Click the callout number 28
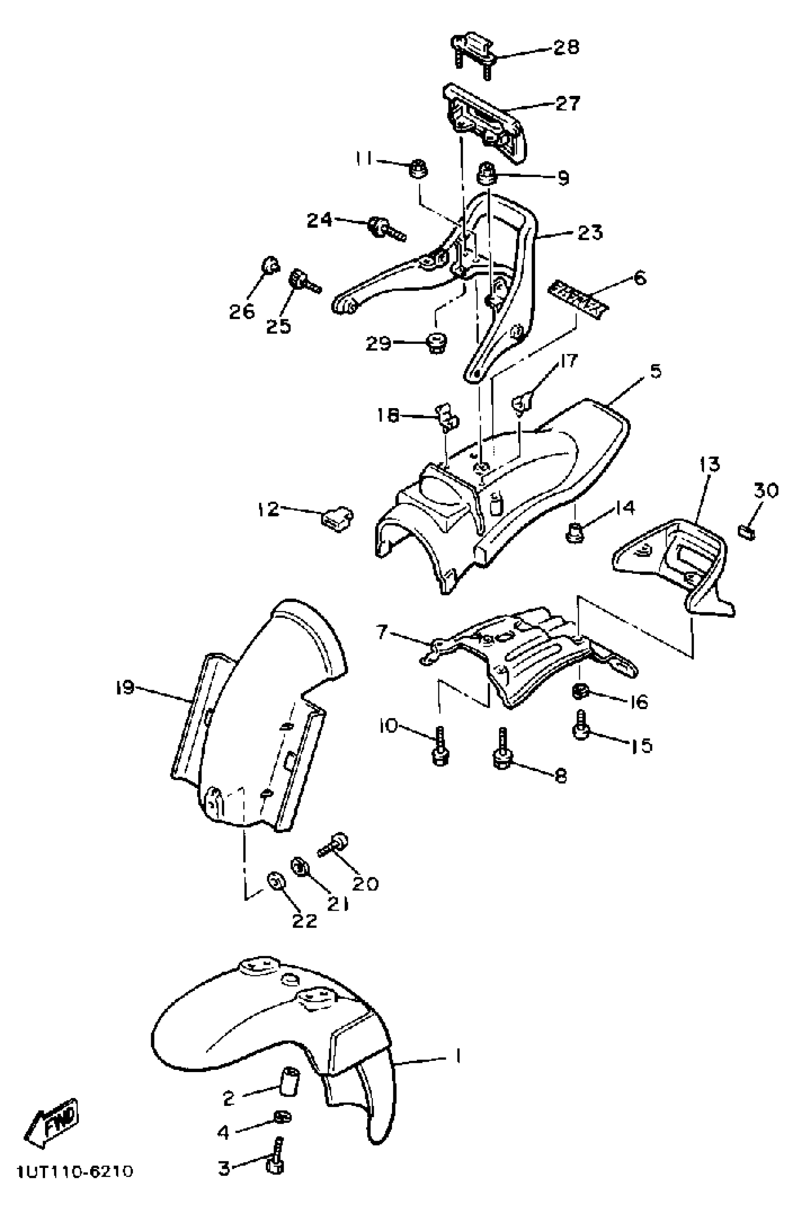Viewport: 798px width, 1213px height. [566, 47]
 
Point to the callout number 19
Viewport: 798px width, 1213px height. [125, 688]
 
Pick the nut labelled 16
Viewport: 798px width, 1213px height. [582, 692]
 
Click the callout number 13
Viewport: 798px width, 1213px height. [709, 464]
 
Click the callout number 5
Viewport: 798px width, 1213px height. [655, 371]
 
